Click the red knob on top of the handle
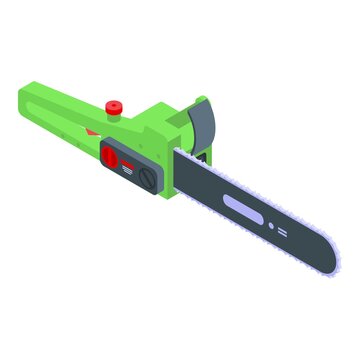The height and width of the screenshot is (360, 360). point(112,105)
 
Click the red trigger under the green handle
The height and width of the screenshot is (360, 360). point(91,131)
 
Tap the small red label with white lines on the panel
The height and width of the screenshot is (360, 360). point(128,166)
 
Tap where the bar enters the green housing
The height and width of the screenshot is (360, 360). point(180,166)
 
